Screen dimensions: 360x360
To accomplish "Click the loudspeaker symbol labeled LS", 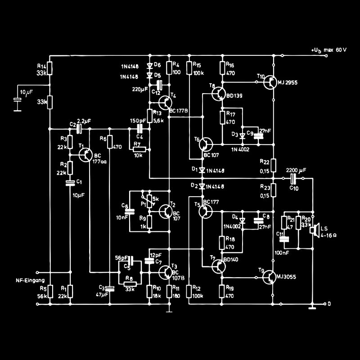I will [315, 230].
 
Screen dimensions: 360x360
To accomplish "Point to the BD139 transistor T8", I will [220, 93].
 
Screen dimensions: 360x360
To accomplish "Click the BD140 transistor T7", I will [220, 266].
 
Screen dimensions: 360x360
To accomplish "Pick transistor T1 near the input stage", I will [86, 154].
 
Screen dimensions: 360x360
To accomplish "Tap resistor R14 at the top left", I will [50, 68].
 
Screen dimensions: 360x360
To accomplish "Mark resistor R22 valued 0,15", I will [274, 165].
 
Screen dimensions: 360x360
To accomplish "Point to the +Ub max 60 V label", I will [328, 49].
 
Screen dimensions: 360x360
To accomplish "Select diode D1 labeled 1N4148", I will [202, 170].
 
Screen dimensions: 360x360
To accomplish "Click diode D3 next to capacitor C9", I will [243, 135].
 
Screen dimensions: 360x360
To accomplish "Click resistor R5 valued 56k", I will [50, 291].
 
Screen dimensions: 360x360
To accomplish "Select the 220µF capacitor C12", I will [159, 85].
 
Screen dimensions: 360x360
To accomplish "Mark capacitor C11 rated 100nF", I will [283, 239].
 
